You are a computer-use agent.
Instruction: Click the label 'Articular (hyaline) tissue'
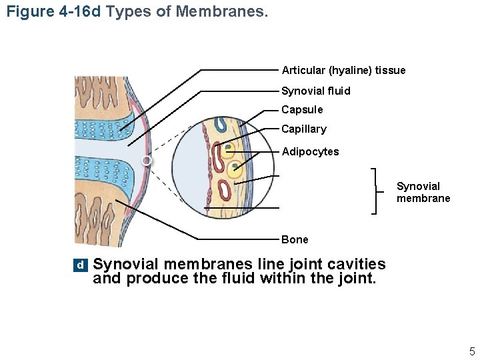(343, 70)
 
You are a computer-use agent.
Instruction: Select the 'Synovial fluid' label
(315, 91)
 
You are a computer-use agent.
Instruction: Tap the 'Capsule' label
(302, 109)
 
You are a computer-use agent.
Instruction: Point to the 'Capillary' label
(304, 129)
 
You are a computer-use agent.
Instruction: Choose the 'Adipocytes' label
(310, 152)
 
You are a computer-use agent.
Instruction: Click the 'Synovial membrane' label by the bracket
(423, 192)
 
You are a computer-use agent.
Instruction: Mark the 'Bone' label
(295, 239)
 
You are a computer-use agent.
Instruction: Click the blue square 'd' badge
(80, 265)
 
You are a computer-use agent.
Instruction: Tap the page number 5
(471, 351)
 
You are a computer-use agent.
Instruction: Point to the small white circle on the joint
(147, 161)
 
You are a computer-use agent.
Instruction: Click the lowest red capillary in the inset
(225, 191)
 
